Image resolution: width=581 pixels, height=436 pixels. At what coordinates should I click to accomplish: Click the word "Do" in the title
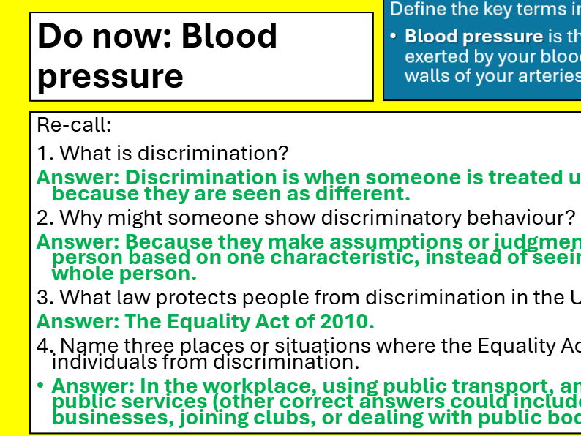pos(56,36)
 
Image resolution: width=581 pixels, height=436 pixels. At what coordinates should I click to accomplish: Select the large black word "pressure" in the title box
pos(110,76)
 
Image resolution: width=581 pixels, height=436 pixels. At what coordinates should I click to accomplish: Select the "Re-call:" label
pos(74,125)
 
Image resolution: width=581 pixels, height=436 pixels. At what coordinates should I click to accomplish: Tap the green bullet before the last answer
pos(41,386)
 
